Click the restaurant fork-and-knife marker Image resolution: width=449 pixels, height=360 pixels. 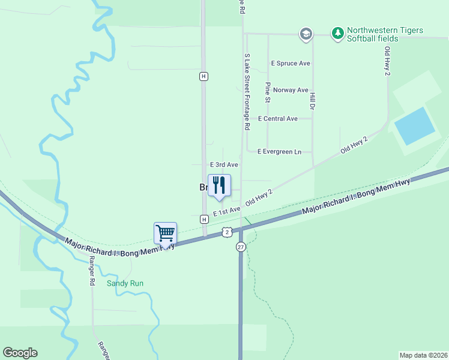219,185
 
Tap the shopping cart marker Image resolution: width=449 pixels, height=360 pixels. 165,233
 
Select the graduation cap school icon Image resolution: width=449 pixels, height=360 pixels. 306,34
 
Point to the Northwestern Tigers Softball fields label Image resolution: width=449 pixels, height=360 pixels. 385,34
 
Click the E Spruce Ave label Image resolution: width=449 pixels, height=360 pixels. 291,63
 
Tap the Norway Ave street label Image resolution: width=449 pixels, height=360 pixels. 291,90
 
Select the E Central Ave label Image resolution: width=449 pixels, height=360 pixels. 278,119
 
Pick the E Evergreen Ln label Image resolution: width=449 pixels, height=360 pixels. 279,152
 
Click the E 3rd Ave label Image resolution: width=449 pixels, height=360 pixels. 224,164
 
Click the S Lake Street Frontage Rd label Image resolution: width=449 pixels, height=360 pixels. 246,91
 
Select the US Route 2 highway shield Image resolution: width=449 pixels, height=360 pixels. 226,232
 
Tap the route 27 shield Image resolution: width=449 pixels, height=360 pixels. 241,247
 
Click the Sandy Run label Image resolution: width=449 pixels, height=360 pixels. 125,283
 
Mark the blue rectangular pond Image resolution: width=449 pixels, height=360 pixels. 415,125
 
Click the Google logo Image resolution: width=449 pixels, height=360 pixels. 20,353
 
